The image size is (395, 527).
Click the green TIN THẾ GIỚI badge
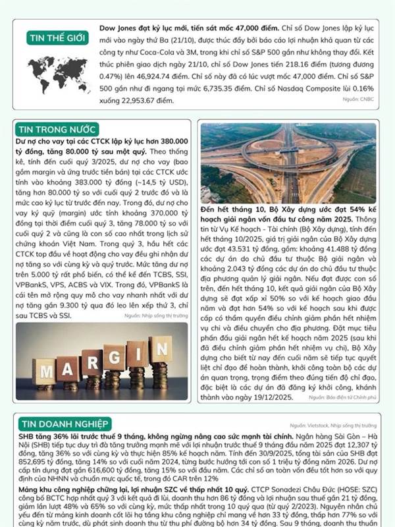coord(58,38)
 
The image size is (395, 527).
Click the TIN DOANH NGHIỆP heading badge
coord(64,424)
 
